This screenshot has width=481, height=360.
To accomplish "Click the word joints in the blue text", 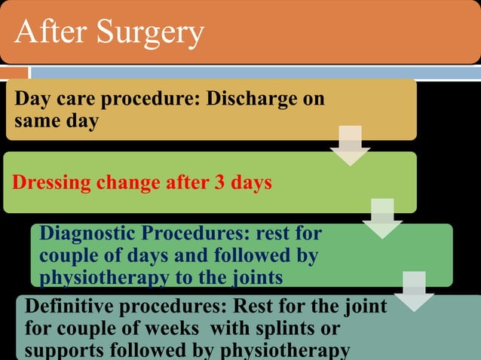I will [x=253, y=278].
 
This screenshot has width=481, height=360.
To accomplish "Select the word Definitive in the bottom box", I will [x=66, y=308].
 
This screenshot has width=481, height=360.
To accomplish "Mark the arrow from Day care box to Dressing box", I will [x=350, y=146].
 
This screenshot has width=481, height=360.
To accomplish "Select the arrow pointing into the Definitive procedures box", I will [x=414, y=290].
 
